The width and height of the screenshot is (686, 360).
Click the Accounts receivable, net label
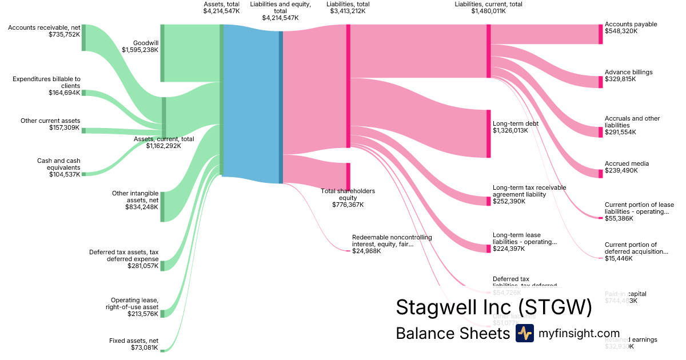pyautogui.click(x=44, y=27)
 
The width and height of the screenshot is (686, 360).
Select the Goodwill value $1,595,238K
pyautogui.click(x=139, y=50)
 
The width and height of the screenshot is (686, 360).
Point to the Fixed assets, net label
pyautogui.click(x=133, y=341)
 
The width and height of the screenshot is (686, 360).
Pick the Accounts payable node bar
pyautogui.click(x=600, y=34)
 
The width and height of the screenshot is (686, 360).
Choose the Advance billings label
pyautogui.click(x=628, y=72)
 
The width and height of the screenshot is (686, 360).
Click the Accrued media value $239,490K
pyautogui.click(x=621, y=170)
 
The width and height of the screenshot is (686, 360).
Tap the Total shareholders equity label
pyautogui.click(x=348, y=194)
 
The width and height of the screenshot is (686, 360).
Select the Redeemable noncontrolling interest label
pyautogui.click(x=392, y=241)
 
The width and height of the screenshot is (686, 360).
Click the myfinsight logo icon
pyautogui.click(x=524, y=333)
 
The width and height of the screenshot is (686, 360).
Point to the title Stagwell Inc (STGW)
pyautogui.click(x=494, y=307)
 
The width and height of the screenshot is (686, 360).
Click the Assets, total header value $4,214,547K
pyautogui.click(x=221, y=11)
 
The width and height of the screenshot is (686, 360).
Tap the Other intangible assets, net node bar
pyautogui.click(x=162, y=206)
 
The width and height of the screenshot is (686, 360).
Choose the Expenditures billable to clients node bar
pyautogui.click(x=83, y=93)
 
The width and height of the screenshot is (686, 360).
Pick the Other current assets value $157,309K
pyautogui.click(x=65, y=127)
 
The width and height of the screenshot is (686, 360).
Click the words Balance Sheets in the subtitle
pyautogui.click(x=452, y=334)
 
